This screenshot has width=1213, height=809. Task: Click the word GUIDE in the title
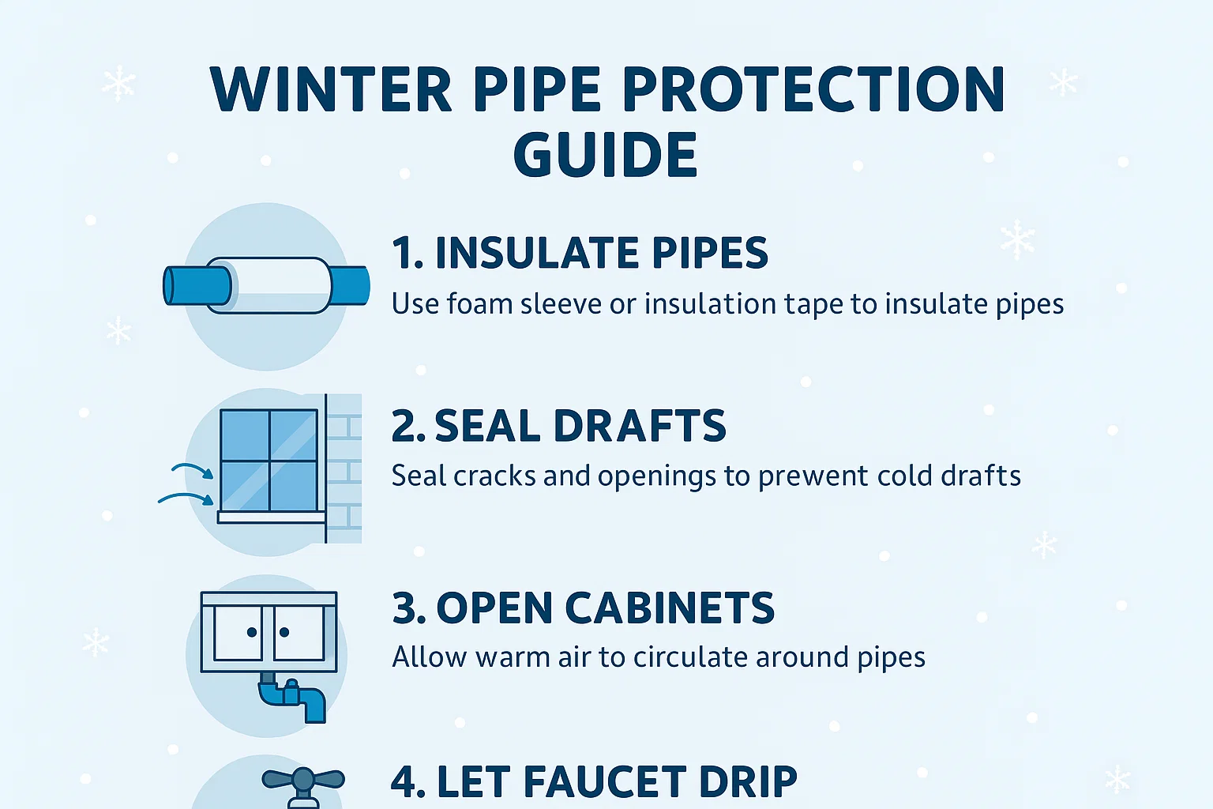pos(605,155)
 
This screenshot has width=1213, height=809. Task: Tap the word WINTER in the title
pos(331,90)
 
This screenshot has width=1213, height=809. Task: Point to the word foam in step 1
pos(480,304)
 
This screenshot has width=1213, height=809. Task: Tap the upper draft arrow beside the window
pos(193,470)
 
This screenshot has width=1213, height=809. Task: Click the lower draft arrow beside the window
pos(186,498)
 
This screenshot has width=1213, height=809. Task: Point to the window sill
pos(271,517)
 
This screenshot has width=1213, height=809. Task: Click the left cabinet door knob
pos(252,632)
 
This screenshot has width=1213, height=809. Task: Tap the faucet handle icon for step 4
pos(303,781)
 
